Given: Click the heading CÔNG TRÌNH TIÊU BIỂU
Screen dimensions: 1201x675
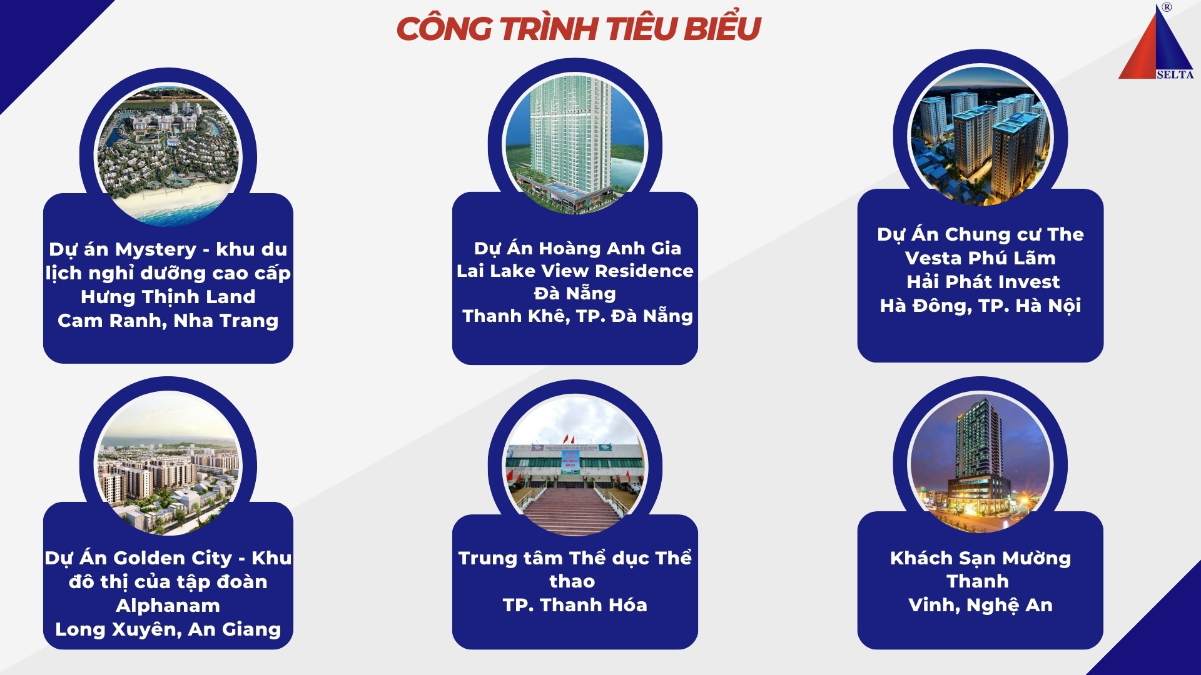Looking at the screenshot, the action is coord(579,28).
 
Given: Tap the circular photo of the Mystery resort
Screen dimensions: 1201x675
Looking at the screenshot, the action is coord(168,155).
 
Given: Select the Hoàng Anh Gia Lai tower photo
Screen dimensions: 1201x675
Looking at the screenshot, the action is coord(575,145).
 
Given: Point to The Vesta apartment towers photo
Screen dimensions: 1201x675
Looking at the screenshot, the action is coord(980,136).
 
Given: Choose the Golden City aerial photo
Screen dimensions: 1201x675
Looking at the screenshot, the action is coord(168,463).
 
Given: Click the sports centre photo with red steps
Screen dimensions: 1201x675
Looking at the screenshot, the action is coord(575,466).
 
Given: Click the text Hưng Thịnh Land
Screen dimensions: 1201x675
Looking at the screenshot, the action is coord(168,297).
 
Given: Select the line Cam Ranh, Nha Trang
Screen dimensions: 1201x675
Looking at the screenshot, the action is coord(168,321).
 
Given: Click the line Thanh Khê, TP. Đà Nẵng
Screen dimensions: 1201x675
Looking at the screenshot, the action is coord(577,316).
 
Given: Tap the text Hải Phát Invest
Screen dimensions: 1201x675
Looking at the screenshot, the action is coord(983,282).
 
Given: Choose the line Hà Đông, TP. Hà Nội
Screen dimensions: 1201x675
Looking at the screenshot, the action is coord(980,306).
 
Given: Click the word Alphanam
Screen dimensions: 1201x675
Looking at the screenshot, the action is coord(168,606).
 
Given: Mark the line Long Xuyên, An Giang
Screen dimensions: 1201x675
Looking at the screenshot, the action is coord(168,629).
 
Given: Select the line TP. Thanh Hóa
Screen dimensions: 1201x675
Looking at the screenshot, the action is coord(575,605).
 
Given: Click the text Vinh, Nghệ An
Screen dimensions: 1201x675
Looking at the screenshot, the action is coord(980,605).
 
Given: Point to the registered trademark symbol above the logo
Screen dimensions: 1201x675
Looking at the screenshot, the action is coord(1167,7).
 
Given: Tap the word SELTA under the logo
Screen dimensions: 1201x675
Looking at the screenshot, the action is coord(1175,74).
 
